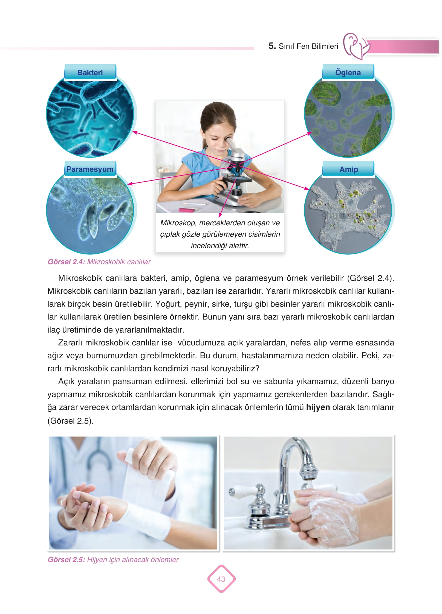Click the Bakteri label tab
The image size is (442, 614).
(x=90, y=72)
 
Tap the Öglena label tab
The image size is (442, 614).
(x=348, y=72)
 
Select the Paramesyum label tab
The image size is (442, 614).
(x=90, y=169)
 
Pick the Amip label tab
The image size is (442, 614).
(x=348, y=169)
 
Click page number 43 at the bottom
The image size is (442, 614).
(x=221, y=579)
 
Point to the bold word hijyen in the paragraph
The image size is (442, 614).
(x=318, y=407)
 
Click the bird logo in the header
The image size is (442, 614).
(x=356, y=46)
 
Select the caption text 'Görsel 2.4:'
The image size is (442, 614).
(x=67, y=262)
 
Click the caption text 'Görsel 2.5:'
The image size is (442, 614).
(x=67, y=560)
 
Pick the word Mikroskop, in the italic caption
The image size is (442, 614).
(x=178, y=223)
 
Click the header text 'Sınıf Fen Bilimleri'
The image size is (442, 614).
(x=308, y=46)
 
